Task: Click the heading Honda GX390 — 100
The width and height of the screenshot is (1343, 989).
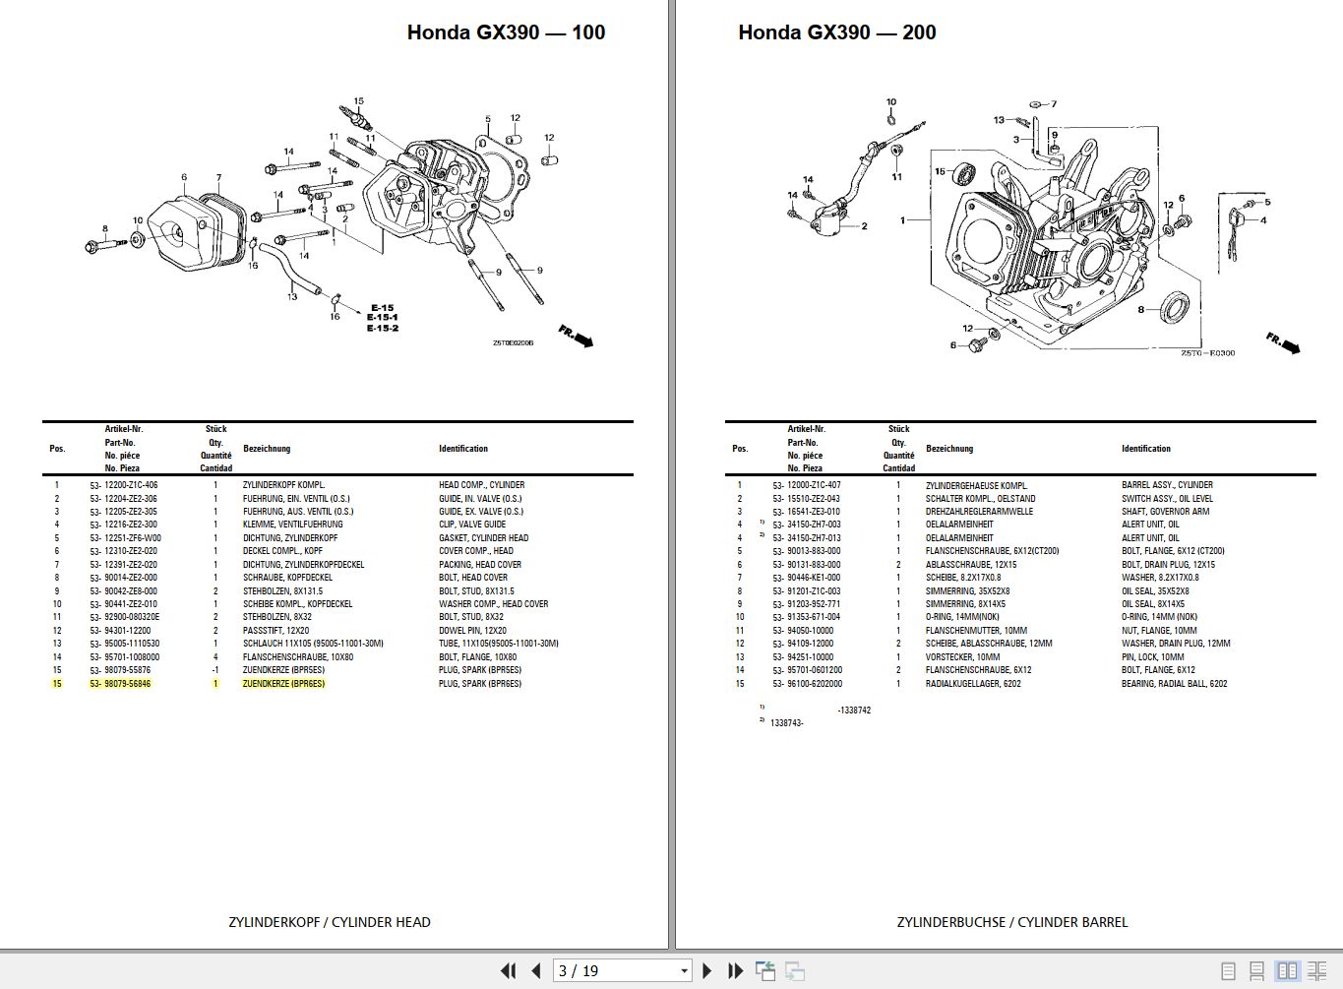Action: tap(506, 32)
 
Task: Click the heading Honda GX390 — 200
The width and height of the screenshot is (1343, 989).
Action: tap(836, 32)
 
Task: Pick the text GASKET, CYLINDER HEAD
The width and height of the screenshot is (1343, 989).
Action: tap(483, 538)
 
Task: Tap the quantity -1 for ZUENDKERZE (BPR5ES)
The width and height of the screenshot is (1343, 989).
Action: tap(215, 670)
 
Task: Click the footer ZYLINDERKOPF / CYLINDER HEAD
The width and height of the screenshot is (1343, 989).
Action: tap(329, 922)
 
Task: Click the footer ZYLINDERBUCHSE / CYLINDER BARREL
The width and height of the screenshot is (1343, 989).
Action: tap(1011, 922)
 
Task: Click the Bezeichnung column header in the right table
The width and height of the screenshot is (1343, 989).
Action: tap(948, 449)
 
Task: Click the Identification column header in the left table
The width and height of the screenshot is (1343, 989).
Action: tap(462, 449)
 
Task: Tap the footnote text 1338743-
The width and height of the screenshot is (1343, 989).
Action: tap(786, 723)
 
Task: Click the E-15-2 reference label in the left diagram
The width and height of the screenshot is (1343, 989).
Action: tap(382, 328)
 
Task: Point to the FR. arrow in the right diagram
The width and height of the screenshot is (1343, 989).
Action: tap(1283, 343)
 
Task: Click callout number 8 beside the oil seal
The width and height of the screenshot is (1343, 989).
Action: tap(1140, 310)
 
